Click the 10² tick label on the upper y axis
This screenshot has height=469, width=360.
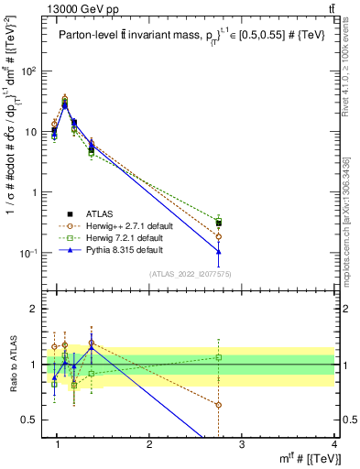tap(28, 71)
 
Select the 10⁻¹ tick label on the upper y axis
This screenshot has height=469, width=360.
tap(28, 253)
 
